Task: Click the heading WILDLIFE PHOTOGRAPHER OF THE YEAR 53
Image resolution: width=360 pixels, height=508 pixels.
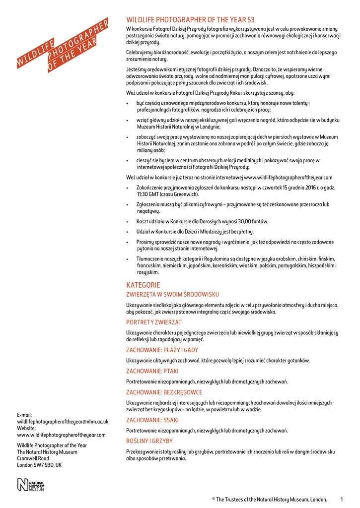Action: pos(190,20)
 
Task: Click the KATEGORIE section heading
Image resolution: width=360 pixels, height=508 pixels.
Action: pos(143,285)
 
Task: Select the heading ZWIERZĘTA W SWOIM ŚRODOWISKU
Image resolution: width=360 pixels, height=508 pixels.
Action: pos(172,295)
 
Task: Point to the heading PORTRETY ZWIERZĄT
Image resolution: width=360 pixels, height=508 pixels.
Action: pos(153,322)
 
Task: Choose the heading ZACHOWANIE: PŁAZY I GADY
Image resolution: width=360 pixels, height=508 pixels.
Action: pos(162,350)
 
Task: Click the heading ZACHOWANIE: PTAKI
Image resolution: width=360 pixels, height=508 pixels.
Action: pos(152,371)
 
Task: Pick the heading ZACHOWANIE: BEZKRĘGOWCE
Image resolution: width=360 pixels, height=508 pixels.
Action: pos(164,392)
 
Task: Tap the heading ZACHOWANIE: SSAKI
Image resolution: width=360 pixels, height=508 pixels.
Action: pos(152,420)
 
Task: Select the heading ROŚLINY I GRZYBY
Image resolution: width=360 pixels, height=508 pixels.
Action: pos(149,441)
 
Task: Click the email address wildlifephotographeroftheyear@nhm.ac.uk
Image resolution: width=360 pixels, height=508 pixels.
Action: pos(63,421)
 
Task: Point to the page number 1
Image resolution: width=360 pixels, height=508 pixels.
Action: pos(342,499)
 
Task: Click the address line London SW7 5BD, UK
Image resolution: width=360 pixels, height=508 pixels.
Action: pos(39,465)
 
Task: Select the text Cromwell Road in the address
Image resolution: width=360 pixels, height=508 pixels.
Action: pos(33,459)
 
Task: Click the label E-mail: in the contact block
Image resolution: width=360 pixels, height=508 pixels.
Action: pos(24,415)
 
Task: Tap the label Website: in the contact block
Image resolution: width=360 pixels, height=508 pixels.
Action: pos(26,428)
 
